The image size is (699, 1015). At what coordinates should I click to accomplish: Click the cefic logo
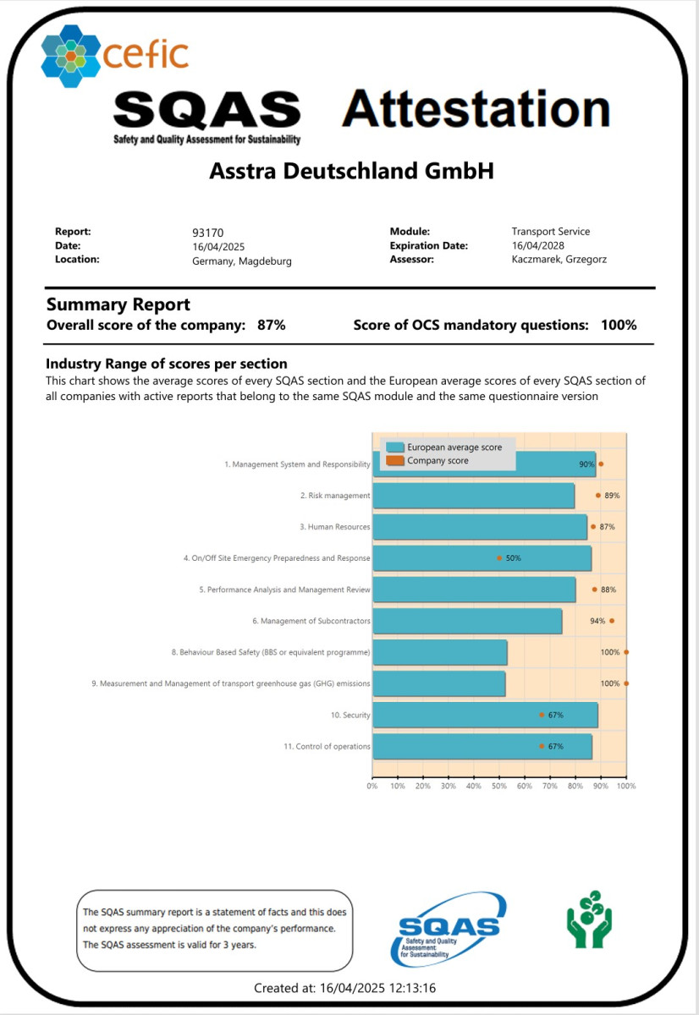pos(114,55)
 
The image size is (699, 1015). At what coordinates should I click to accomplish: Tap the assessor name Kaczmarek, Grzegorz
pos(559,260)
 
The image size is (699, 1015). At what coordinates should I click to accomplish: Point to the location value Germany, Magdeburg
pos(242,261)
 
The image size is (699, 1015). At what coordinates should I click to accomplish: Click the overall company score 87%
pos(272,325)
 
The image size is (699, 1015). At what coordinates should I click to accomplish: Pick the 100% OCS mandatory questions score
pos(619,325)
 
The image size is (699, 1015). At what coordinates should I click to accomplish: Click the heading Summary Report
pos(118,304)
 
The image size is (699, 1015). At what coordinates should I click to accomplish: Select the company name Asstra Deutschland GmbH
pos(350,172)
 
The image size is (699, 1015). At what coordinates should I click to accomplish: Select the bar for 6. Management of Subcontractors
pos(467,621)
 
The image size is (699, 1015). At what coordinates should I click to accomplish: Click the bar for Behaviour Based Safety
pos(440,652)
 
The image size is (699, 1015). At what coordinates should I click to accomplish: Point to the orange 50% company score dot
pos(499,558)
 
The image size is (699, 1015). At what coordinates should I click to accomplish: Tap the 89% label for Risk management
pos(612,496)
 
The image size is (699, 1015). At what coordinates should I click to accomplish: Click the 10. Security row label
pos(350,716)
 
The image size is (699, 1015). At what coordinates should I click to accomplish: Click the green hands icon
pos(589,919)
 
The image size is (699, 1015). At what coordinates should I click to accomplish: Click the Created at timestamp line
pos(345,988)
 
